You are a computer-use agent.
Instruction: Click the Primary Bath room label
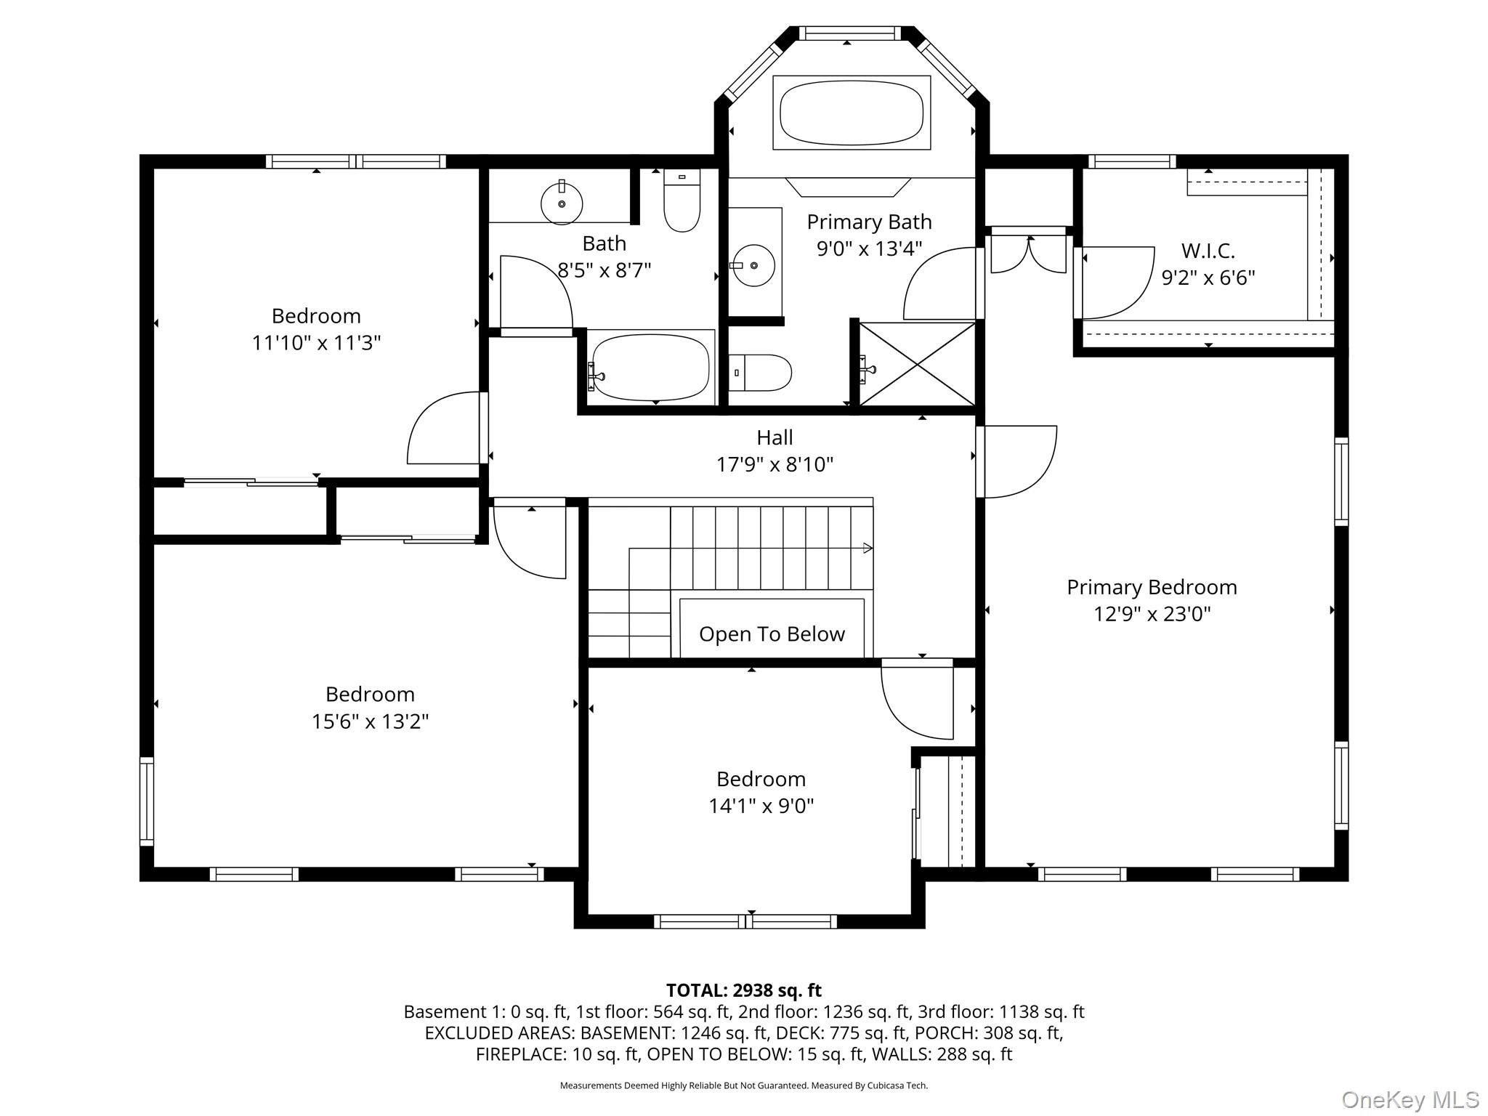click(869, 222)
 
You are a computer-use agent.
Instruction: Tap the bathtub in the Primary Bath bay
click(852, 113)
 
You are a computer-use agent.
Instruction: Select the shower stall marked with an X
click(917, 364)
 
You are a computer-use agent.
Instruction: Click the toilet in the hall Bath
click(682, 201)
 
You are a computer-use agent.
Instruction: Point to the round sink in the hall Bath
click(562, 203)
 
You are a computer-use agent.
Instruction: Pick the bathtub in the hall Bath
click(650, 368)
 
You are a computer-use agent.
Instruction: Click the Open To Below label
click(772, 634)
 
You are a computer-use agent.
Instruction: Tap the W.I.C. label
click(1208, 251)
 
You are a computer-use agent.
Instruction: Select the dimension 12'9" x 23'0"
click(1152, 614)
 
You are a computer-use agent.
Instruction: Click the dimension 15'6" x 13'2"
click(370, 721)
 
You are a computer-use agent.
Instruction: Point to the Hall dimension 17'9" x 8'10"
click(775, 464)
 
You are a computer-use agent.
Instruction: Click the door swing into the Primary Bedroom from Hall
click(1017, 462)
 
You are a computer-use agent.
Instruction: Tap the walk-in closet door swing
click(1115, 283)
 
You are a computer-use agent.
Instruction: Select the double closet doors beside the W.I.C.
click(1029, 251)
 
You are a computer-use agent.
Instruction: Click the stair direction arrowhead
click(868, 548)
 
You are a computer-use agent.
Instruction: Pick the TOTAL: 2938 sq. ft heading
click(743, 990)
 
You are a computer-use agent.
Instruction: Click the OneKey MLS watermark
click(1410, 1100)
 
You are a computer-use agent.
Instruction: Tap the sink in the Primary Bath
click(754, 265)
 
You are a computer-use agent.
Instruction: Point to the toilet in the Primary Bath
click(760, 373)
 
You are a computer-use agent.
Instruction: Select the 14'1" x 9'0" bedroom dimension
click(761, 806)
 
